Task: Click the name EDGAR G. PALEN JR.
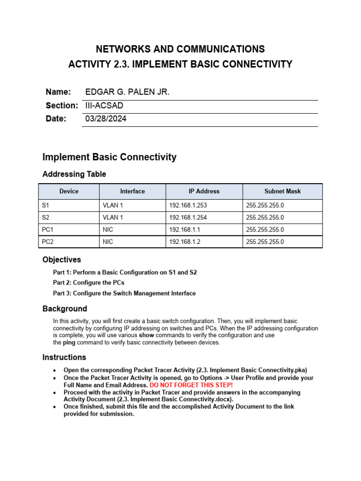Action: [x=127, y=92]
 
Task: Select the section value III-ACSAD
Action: [x=104, y=106]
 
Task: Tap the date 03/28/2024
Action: [x=106, y=119]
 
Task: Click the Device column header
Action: [x=69, y=191]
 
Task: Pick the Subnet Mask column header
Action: [x=283, y=191]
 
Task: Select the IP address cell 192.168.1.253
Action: [x=188, y=205]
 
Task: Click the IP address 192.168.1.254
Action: [x=188, y=217]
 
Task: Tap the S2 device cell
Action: [x=46, y=217]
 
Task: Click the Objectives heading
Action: [x=62, y=260]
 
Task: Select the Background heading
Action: [x=64, y=309]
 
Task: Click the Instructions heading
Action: [x=64, y=357]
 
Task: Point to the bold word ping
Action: [x=69, y=343]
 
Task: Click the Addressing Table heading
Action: [x=74, y=174]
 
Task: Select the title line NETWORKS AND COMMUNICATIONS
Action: [x=180, y=49]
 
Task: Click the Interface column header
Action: [x=133, y=191]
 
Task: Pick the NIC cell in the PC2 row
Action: [x=108, y=242]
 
